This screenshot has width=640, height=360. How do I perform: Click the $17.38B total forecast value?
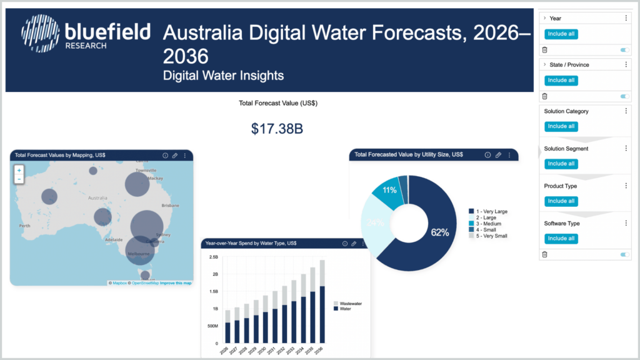coord(276,129)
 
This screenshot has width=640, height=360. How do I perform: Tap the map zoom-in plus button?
coord(19,170)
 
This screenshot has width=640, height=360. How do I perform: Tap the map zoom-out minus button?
coord(19,179)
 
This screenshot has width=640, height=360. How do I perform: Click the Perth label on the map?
coord(25,226)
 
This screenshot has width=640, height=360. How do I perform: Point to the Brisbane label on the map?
coord(170,205)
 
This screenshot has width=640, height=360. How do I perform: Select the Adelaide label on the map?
coord(114,239)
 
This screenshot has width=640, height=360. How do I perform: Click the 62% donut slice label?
coord(439,232)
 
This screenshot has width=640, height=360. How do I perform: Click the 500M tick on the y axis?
coord(212,326)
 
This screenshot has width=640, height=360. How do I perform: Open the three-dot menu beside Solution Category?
coord(626,111)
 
